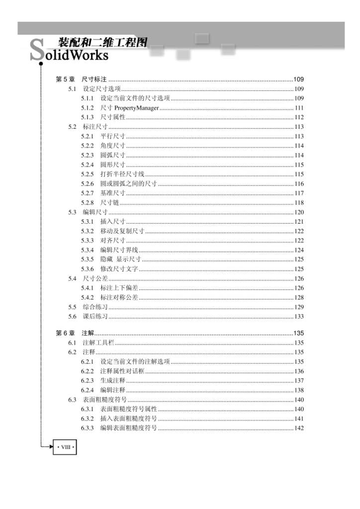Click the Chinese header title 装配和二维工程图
pyautogui.click(x=102, y=43)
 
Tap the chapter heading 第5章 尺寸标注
pyautogui.click(x=80, y=80)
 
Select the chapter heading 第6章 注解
pyautogui.click(x=75, y=333)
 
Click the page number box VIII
pyautogui.click(x=65, y=446)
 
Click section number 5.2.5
pyautogui.click(x=88, y=174)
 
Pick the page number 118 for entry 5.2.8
pyautogui.click(x=299, y=203)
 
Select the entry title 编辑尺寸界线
pyautogui.click(x=119, y=250)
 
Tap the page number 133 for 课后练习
pyautogui.click(x=299, y=317)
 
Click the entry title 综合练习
pyautogui.click(x=95, y=307)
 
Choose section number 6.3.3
pyautogui.click(x=88, y=428)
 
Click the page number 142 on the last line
pyautogui.click(x=299, y=428)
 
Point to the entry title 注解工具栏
pyautogui.click(x=98, y=343)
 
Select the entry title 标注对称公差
pyautogui.click(x=119, y=298)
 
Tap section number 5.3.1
pyautogui.click(x=88, y=222)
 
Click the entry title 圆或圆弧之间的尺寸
pyautogui.click(x=129, y=184)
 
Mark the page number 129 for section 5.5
pyautogui.click(x=299, y=307)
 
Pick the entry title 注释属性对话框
pyautogui.click(x=122, y=371)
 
